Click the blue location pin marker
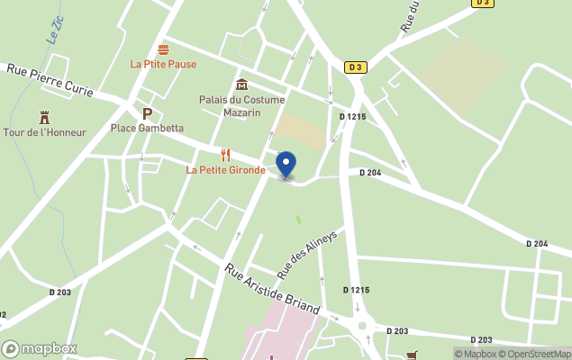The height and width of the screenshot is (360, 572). click(x=286, y=165)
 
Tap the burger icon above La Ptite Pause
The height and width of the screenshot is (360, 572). click(x=163, y=49)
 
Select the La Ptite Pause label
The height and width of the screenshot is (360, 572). click(x=163, y=64)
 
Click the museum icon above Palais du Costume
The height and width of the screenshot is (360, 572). click(x=241, y=85)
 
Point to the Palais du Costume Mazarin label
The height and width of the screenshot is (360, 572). click(x=241, y=105)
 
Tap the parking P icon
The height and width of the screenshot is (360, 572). click(x=147, y=113)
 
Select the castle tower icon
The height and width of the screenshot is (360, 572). click(x=44, y=118)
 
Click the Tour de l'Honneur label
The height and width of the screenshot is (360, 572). click(x=44, y=132)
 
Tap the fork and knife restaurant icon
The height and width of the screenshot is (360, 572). click(x=225, y=155)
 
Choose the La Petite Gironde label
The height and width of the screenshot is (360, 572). click(x=225, y=169)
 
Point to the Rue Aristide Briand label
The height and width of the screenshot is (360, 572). click(x=272, y=288)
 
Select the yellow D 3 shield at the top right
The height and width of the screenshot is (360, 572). click(x=483, y=4)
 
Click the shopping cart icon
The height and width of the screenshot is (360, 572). click(x=413, y=355)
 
